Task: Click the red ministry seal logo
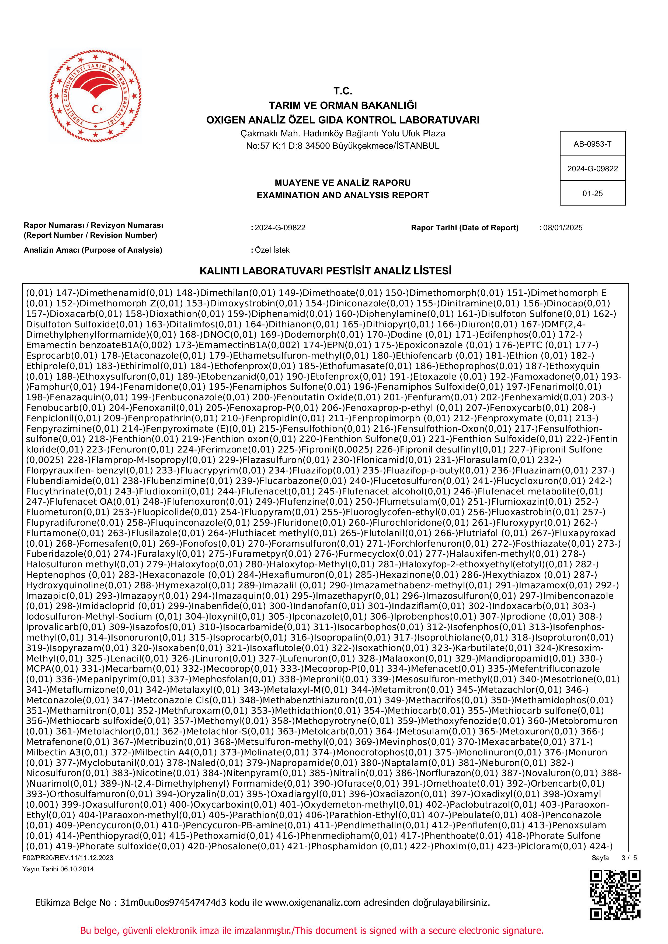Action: click(x=95, y=96)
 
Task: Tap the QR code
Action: click(x=615, y=895)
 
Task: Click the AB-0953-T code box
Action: click(x=592, y=144)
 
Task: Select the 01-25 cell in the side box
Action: click(x=592, y=193)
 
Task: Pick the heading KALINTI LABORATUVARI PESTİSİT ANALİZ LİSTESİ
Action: click(x=325, y=271)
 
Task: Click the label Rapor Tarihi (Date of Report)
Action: click(x=464, y=228)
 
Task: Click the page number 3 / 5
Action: click(x=629, y=858)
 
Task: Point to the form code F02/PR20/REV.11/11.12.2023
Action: click(x=68, y=858)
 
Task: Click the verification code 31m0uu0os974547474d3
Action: click(x=173, y=903)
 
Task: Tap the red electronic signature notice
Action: click(x=312, y=931)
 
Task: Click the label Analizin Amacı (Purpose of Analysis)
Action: click(x=93, y=250)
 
